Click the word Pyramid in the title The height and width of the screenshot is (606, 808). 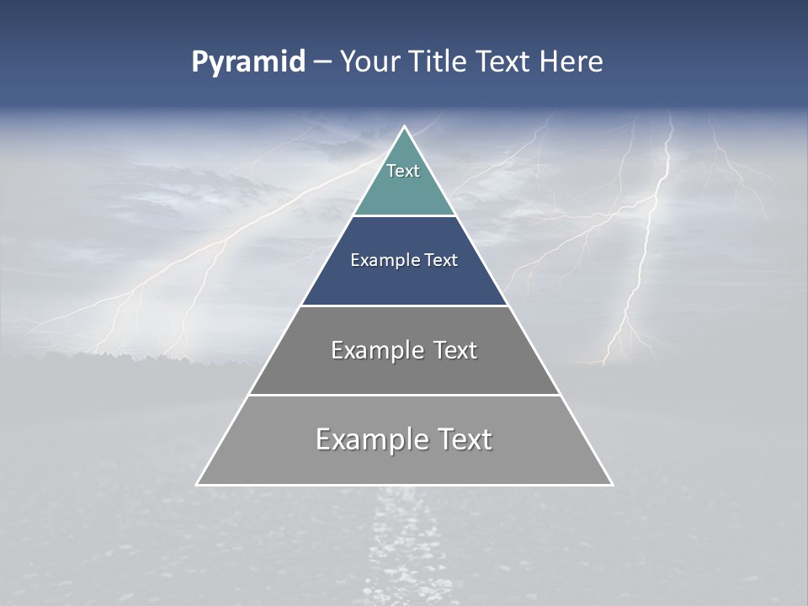click(247, 62)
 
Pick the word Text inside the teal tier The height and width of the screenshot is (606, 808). click(403, 171)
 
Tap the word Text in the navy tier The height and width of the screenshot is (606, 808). click(439, 261)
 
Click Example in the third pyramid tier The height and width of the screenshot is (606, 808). click(375, 350)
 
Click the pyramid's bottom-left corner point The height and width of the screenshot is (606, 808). click(197, 485)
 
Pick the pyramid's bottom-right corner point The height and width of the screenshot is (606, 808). click(612, 485)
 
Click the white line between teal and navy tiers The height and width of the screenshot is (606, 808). click(404, 215)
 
